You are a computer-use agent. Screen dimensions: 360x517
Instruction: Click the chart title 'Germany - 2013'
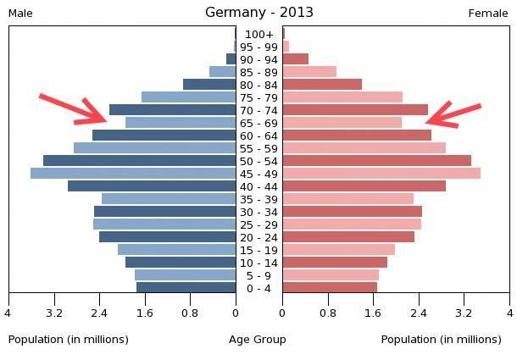(x=258, y=12)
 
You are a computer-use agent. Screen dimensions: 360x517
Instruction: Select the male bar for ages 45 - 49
(x=133, y=174)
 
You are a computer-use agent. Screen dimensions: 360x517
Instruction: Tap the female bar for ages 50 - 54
(x=376, y=161)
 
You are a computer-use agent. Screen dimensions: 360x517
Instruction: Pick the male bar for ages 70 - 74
(x=172, y=110)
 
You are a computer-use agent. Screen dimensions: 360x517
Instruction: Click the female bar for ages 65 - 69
(x=342, y=123)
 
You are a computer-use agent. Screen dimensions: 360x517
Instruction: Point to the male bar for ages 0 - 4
(x=186, y=288)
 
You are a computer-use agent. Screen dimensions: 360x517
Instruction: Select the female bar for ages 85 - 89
(x=309, y=72)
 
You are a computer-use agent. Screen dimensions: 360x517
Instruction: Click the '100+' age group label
(x=258, y=34)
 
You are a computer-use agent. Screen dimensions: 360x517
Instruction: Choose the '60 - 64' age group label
(x=258, y=136)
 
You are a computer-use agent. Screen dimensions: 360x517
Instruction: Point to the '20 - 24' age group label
(x=258, y=237)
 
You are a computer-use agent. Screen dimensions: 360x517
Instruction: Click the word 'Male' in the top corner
(x=20, y=13)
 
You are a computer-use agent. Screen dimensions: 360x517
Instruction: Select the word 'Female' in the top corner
(x=488, y=13)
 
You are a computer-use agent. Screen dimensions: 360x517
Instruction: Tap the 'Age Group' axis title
(x=258, y=340)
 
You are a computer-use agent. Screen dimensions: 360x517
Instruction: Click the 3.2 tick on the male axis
(x=54, y=313)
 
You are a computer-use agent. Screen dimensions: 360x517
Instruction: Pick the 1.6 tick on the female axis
(x=373, y=313)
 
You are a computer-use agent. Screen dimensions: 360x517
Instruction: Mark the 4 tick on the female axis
(x=509, y=313)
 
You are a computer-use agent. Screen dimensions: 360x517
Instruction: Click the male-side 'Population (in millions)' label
(x=69, y=340)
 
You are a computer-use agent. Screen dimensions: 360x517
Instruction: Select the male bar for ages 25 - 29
(x=164, y=224)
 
